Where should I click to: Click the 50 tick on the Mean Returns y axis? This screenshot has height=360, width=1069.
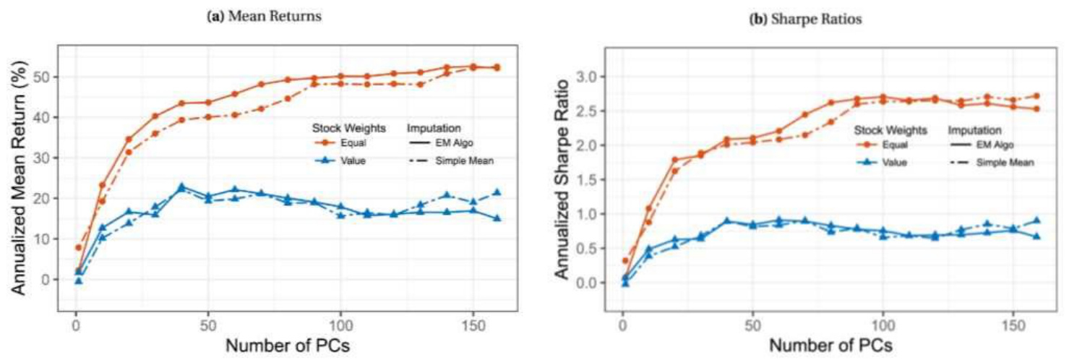tap(43, 77)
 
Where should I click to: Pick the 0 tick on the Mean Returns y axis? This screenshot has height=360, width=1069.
tap(48, 279)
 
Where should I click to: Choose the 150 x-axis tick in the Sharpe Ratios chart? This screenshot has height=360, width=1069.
tap(1011, 322)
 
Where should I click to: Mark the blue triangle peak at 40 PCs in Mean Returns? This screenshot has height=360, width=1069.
tap(181, 187)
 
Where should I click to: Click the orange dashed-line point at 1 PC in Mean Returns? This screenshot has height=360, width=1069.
tap(78, 248)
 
